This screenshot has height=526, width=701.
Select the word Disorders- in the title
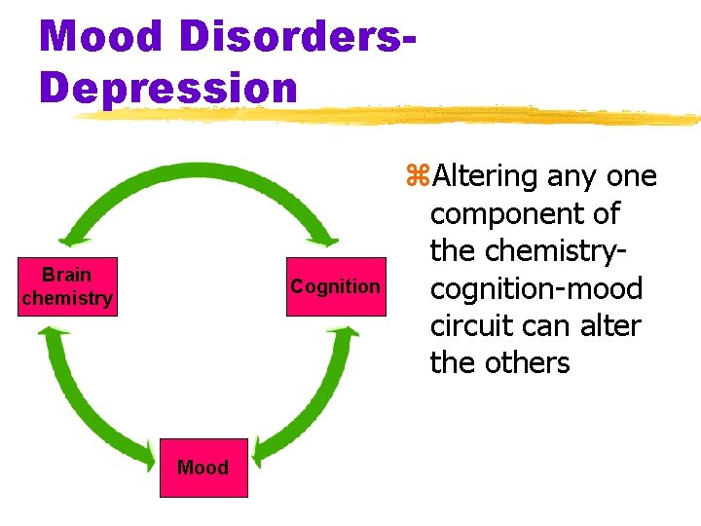(290, 37)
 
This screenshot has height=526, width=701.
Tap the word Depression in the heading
(167, 87)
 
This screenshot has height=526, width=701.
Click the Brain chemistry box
(67, 287)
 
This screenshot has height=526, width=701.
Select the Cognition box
(335, 286)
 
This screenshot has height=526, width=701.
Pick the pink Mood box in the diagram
(203, 468)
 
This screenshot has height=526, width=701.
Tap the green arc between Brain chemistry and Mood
(83, 409)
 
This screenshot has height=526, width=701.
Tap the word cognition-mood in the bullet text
(536, 288)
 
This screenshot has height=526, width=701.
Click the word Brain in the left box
(67, 276)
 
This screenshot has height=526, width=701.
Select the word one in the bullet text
(631, 176)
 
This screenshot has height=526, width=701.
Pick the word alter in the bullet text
(612, 325)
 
